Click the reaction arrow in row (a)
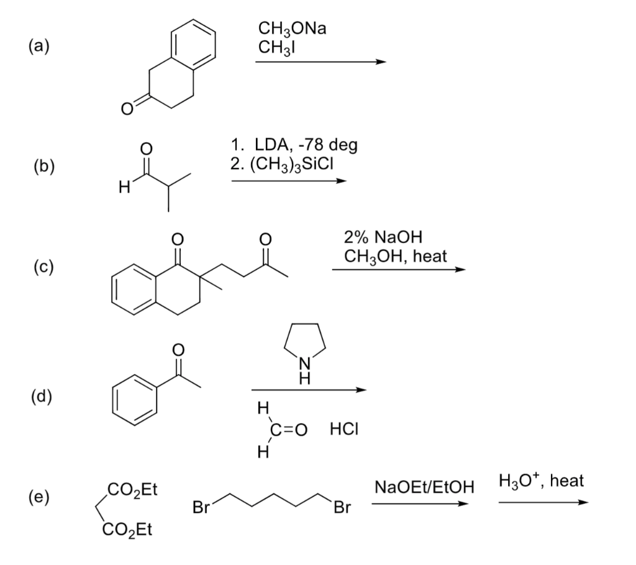(320, 62)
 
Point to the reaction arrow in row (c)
(398, 270)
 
